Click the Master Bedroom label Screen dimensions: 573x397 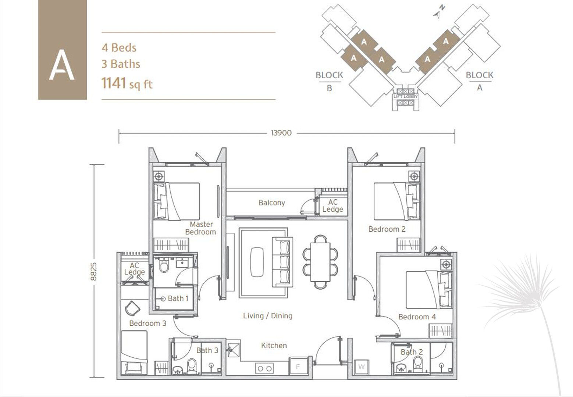tap(201, 228)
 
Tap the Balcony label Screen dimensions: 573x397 tap(272, 203)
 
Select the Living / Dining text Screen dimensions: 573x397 tap(268, 316)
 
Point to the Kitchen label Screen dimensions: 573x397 tap(274, 346)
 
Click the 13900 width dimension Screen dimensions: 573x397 tap(281, 133)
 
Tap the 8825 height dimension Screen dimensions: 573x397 tap(94, 272)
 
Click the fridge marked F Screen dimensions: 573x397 tap(298, 366)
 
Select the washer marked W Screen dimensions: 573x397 tap(362, 367)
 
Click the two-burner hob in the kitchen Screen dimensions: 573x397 tap(264, 368)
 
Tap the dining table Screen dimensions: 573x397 tap(320, 262)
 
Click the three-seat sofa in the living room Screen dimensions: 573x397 tap(282, 262)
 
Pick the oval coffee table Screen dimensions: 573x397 tap(257, 262)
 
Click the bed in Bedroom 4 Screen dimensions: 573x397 tap(429, 290)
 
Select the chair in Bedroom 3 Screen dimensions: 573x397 tap(132, 308)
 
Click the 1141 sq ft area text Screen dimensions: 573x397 tap(127, 83)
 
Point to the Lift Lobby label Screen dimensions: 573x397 tap(405, 97)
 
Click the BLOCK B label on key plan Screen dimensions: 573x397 tap(329, 81)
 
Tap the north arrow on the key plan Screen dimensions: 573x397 tap(439, 11)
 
